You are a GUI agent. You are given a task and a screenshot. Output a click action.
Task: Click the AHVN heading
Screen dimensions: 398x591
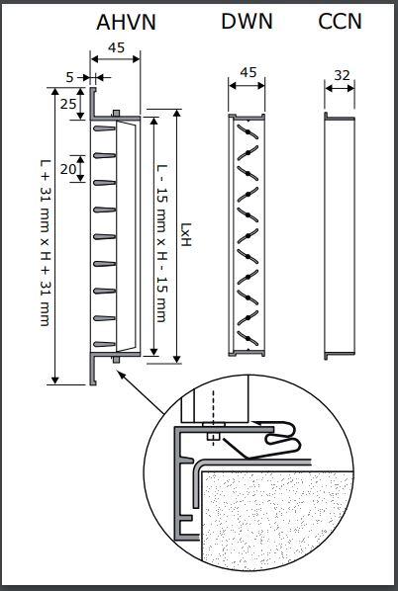126,23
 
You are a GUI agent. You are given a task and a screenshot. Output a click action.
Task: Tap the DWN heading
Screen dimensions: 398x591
247,21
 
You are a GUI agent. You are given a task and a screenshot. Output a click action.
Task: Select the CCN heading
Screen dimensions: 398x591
340,21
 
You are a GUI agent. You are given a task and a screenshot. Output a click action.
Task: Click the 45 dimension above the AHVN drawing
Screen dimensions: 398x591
116,47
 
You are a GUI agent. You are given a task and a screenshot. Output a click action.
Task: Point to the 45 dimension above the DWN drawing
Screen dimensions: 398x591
249,72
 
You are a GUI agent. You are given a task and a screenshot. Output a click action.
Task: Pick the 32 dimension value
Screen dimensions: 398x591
342,75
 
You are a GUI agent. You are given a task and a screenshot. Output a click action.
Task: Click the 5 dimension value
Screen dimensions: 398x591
70,77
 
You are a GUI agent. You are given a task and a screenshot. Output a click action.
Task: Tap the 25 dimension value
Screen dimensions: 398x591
68,104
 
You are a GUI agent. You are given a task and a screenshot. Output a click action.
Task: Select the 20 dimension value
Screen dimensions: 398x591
68,169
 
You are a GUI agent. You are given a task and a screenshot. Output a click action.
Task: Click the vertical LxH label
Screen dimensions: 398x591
186,234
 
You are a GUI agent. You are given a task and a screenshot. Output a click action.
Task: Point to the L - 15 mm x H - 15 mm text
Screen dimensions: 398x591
161,243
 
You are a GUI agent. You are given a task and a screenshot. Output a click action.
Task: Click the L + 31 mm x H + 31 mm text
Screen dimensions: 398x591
46,242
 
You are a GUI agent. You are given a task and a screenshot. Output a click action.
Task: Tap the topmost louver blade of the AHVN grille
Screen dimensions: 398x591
104,128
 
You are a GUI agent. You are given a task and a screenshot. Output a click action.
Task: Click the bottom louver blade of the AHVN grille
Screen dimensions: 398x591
104,344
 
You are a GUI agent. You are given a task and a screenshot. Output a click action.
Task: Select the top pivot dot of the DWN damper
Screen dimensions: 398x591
248,132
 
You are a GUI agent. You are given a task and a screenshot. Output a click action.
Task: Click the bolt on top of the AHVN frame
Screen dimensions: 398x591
116,113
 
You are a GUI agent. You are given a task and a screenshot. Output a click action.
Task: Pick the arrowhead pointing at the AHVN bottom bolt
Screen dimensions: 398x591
120,374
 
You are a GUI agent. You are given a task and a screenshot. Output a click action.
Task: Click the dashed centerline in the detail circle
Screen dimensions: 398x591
213,418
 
